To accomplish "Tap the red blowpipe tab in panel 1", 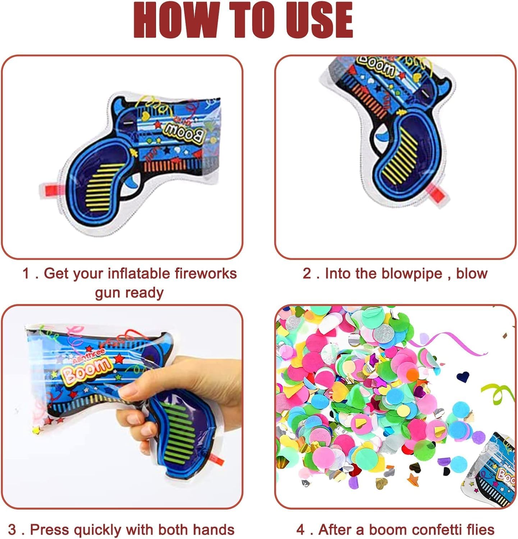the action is click(50, 188).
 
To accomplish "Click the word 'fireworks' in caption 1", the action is click(206, 273).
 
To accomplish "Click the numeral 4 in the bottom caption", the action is click(301, 530).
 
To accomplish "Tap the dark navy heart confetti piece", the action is click(463, 377).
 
